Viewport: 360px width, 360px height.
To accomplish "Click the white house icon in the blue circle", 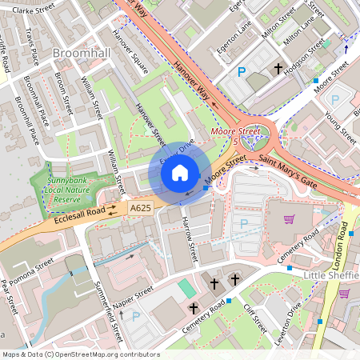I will (x=180, y=171).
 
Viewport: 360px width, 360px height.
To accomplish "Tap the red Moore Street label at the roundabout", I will (x=236, y=130).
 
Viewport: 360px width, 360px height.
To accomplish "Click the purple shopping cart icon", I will (x=289, y=219).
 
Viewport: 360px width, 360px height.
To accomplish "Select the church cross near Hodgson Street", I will (x=279, y=70).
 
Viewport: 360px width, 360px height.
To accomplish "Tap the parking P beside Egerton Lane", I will (x=242, y=72).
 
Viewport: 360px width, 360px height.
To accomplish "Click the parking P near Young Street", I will (x=334, y=100).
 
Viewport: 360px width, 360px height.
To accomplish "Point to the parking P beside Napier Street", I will (x=135, y=316).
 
